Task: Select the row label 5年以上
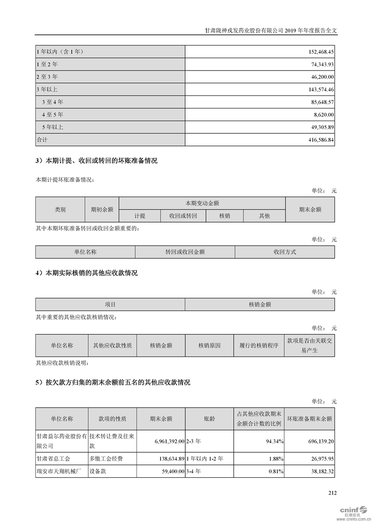tap(53, 127)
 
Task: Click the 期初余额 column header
tap(102, 209)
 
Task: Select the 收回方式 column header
tap(285, 252)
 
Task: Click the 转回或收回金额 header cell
tap(185, 252)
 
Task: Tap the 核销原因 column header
tap(209, 345)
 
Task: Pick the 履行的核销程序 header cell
tap(258, 345)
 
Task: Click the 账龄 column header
tap(209, 419)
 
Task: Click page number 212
tap(332, 493)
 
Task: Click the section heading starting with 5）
tap(113, 383)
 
